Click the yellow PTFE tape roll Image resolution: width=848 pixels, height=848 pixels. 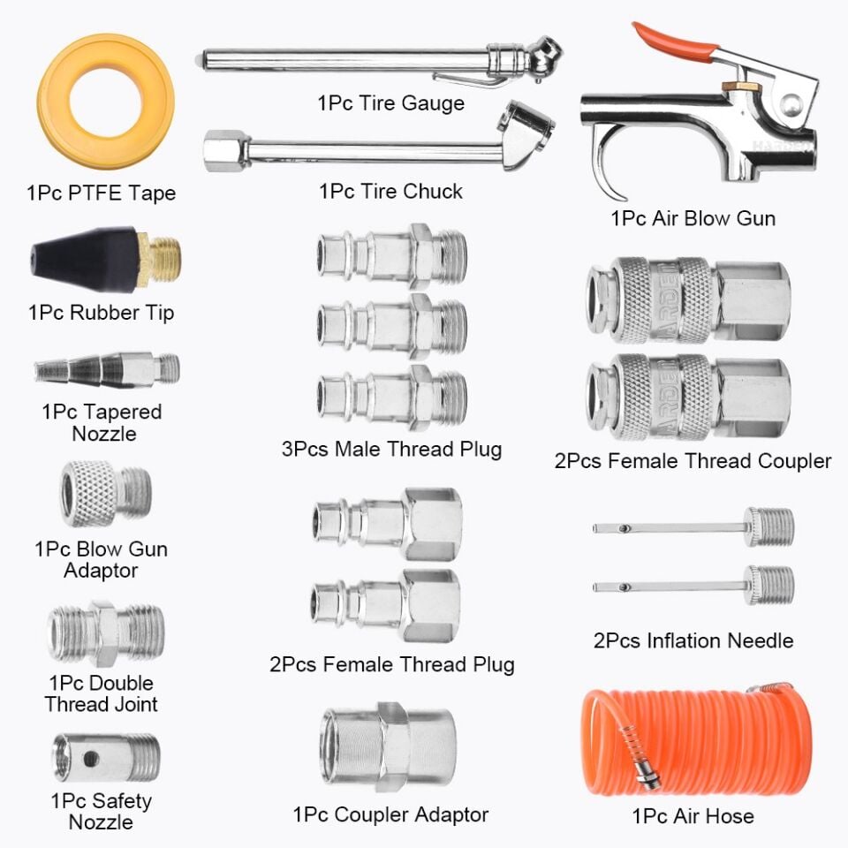tap(54, 102)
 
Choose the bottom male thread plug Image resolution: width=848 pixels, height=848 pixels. tap(392, 397)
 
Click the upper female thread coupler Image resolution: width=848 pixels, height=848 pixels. tap(688, 300)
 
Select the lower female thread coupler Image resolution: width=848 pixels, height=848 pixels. tap(688, 397)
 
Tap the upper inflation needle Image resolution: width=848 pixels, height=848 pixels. tap(693, 527)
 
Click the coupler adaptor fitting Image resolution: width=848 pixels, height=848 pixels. tap(389, 747)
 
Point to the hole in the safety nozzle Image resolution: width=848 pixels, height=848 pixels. tap(91, 758)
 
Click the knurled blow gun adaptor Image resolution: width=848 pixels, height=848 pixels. tap(106, 493)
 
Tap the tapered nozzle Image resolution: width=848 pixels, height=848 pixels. tap(107, 370)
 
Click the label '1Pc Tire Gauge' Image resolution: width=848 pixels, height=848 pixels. tap(390, 102)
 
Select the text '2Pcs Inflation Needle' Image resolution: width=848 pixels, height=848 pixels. tap(693, 640)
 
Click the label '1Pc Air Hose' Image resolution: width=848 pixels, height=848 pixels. tap(693, 815)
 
